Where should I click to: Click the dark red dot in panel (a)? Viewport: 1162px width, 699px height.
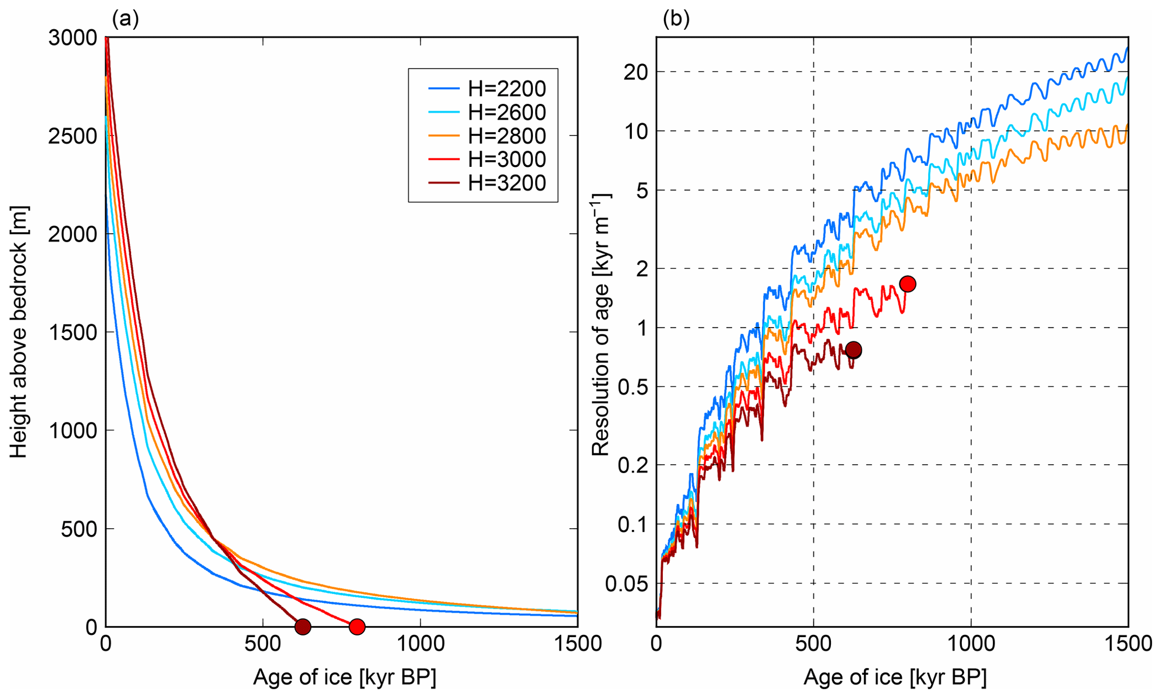[x=303, y=627]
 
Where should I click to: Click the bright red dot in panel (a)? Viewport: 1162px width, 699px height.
[x=356, y=627]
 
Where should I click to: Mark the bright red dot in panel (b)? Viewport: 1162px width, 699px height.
[x=907, y=284]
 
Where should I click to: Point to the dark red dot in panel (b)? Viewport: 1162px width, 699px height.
[x=853, y=350]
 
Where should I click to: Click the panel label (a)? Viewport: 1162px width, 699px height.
[x=125, y=19]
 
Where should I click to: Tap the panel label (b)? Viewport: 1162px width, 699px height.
[x=676, y=19]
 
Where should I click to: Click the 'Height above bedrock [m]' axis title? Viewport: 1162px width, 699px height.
[x=19, y=332]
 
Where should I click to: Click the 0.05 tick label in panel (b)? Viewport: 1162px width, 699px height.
[x=626, y=584]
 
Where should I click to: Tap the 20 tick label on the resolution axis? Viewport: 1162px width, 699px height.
[x=636, y=72]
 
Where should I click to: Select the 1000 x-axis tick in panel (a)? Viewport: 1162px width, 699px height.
[x=421, y=644]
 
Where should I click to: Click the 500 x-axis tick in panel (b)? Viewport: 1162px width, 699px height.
[x=813, y=644]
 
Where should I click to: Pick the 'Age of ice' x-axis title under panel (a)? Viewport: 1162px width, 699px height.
[x=344, y=677]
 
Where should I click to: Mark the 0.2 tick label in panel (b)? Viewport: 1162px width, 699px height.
[x=632, y=465]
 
